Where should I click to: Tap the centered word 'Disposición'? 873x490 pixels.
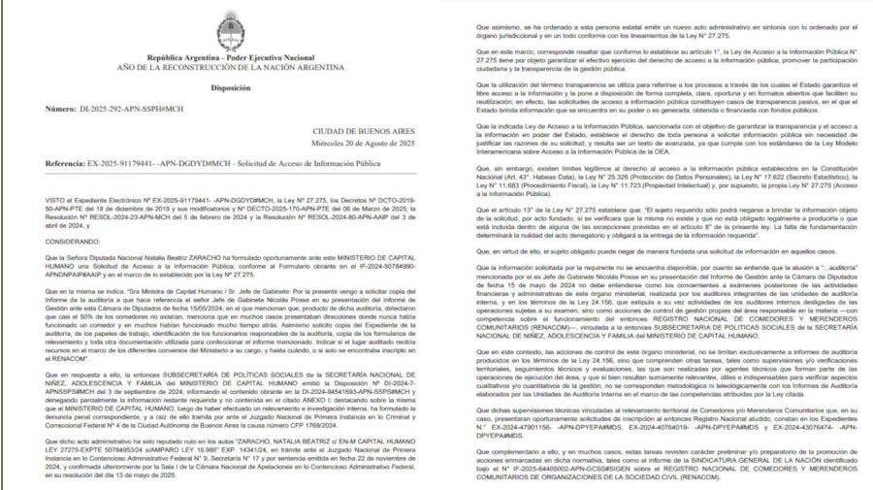(x=215, y=86)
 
